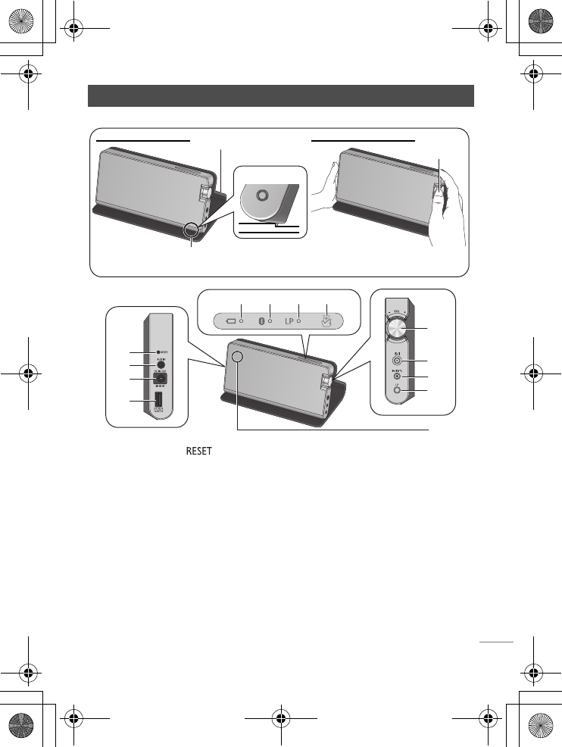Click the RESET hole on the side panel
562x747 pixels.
156,352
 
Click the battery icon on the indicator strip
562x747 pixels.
231,320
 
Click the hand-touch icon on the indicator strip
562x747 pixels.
327,320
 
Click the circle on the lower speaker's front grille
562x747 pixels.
239,358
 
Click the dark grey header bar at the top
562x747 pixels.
281,96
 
